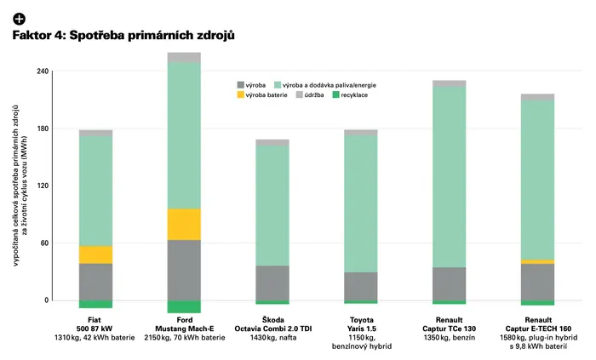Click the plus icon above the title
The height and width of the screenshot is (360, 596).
tap(19, 19)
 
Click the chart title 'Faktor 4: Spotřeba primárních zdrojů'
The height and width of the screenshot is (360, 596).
tap(123, 35)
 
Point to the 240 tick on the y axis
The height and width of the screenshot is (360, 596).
tap(43, 71)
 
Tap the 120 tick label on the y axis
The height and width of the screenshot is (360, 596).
tap(43, 186)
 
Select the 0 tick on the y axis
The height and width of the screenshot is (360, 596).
tap(47, 300)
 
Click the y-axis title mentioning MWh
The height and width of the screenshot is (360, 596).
tap(20, 186)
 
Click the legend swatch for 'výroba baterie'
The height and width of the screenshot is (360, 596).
tap(240, 95)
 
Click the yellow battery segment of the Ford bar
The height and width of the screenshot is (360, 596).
tap(184, 224)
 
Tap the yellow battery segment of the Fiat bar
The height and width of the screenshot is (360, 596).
tap(95, 254)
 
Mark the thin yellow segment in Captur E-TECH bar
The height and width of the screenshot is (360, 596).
tap(537, 261)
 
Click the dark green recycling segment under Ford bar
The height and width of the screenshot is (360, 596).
tap(184, 307)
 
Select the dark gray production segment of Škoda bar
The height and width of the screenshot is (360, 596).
tap(272, 283)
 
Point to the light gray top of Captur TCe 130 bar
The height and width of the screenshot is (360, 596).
tap(450, 83)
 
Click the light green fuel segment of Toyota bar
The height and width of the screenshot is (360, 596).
tap(361, 204)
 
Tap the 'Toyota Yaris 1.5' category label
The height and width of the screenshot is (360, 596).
tap(362, 324)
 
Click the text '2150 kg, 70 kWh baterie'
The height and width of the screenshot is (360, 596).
tap(185, 338)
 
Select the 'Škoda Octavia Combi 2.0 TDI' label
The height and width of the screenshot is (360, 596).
tap(273, 324)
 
